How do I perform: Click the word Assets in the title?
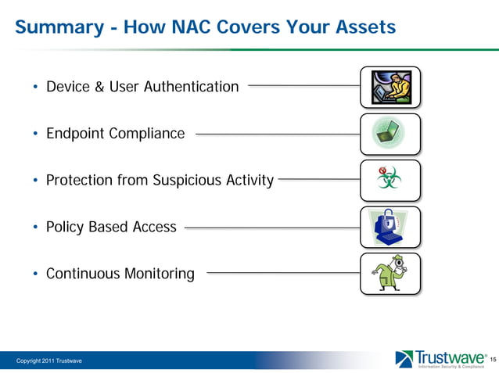361,27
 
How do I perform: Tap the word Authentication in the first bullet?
191,87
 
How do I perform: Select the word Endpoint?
75,134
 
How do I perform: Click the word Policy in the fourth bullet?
66,228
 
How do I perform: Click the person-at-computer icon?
390,87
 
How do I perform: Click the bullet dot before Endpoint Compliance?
35,134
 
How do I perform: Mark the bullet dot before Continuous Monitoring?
35,275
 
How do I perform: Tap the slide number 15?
492,359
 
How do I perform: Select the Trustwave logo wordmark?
450,357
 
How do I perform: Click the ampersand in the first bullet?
99,87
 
